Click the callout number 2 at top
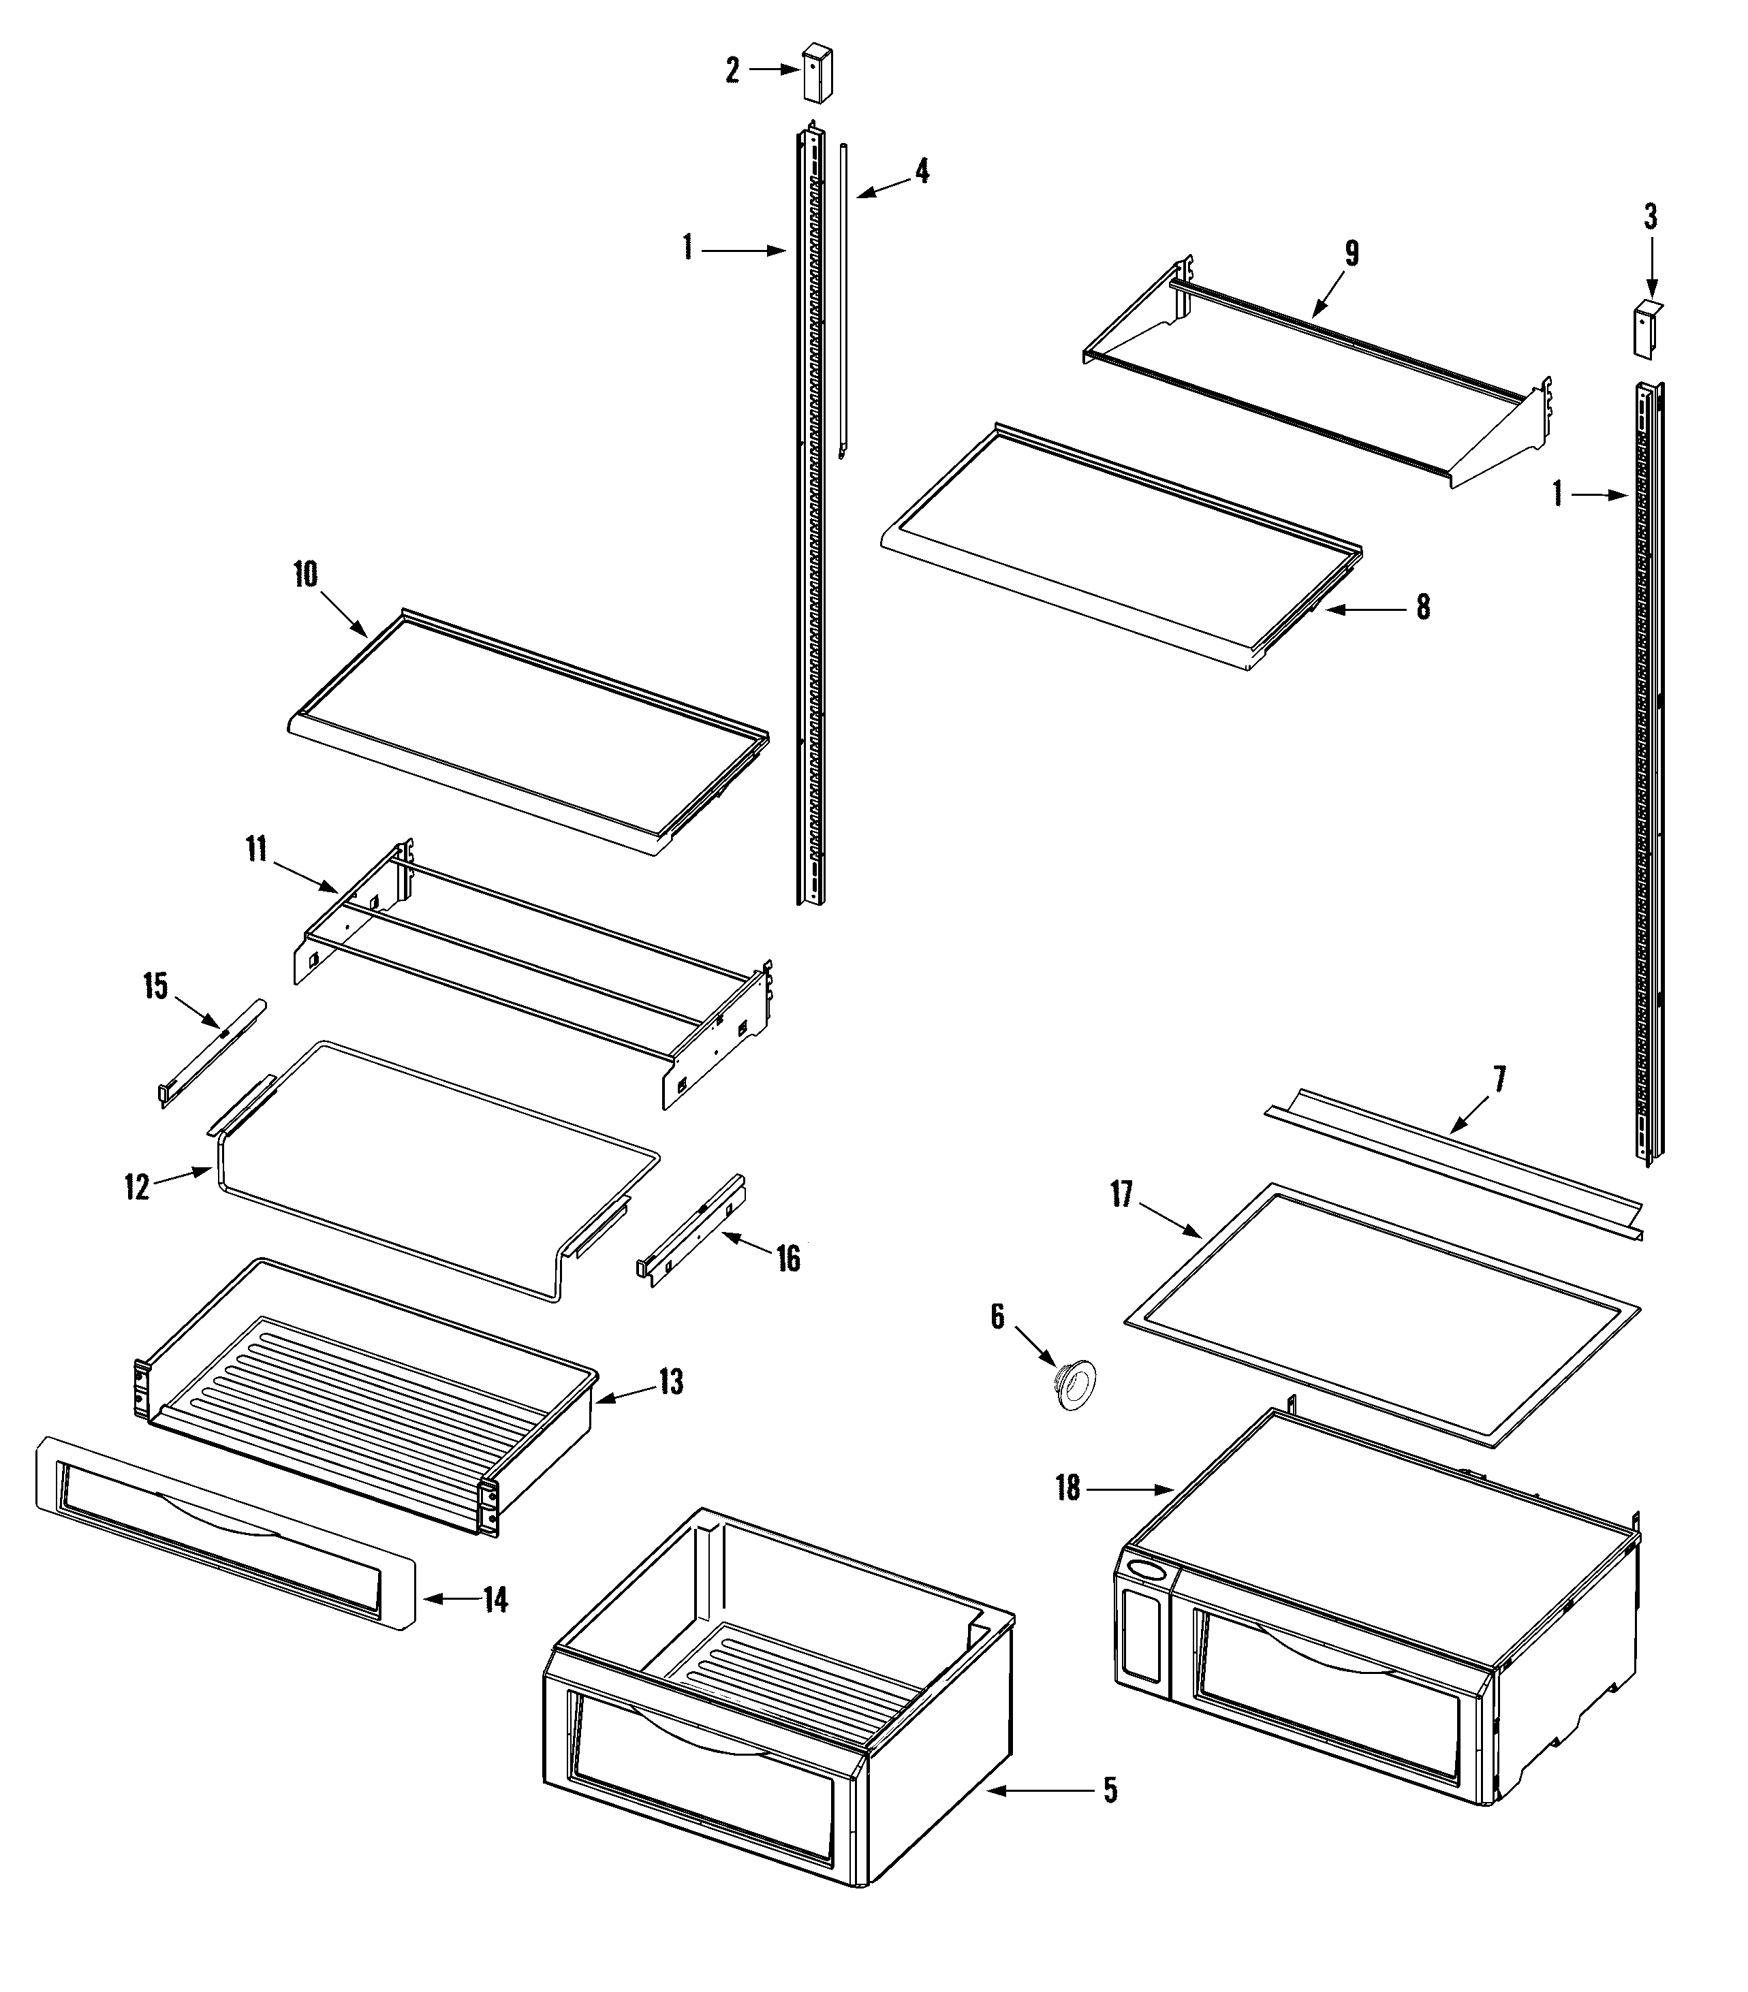coord(732,70)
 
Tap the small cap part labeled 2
coord(812,71)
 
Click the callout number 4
coord(921,172)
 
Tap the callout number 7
coord(1499,1079)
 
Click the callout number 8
coord(1423,607)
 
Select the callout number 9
coord(1352,253)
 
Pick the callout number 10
coord(305,575)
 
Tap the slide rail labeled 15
coord(210,1054)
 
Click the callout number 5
coord(1110,1790)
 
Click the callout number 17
coord(1121,1194)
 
